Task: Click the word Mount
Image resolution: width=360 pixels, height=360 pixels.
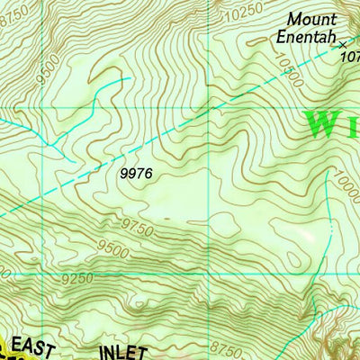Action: click(311, 19)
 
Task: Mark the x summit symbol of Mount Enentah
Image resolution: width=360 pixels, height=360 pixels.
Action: click(341, 41)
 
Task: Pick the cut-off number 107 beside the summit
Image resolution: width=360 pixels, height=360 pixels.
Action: click(351, 55)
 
